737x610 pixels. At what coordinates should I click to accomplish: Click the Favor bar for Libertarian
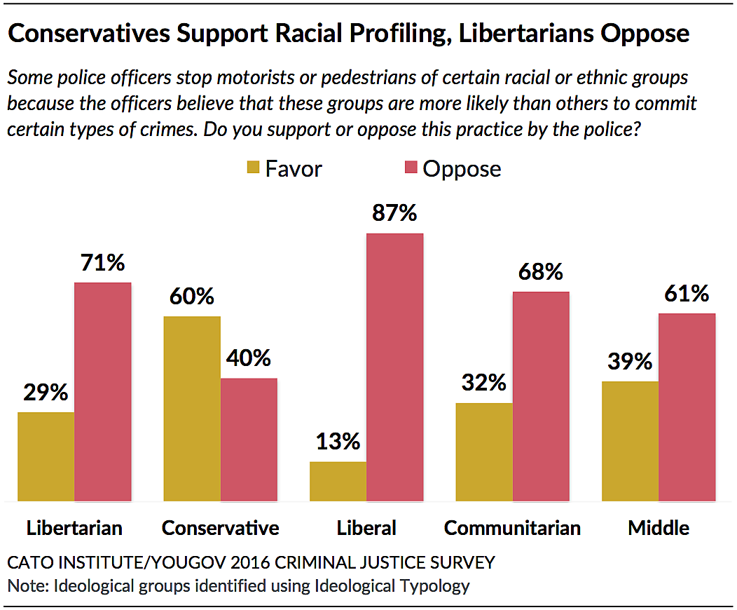click(x=46, y=456)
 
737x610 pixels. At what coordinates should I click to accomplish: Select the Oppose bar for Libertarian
click(x=103, y=392)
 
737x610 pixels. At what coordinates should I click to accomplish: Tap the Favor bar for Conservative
click(x=192, y=409)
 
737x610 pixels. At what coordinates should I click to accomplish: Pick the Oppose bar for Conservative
click(x=249, y=440)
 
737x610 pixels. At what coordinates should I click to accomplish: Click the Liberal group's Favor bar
click(x=338, y=481)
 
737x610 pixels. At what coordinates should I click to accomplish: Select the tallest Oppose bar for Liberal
click(x=395, y=367)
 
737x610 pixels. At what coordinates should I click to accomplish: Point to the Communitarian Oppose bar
click(x=541, y=396)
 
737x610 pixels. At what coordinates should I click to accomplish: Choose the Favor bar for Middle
click(x=630, y=441)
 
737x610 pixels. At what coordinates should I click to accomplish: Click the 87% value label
click(x=394, y=212)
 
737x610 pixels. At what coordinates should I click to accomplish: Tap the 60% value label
click(x=191, y=297)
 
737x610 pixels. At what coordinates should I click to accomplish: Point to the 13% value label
click(x=337, y=442)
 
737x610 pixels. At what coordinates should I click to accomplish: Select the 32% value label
click(x=483, y=383)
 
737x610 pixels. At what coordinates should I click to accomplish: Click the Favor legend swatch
click(x=252, y=168)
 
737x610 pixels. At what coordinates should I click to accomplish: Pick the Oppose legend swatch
click(x=411, y=168)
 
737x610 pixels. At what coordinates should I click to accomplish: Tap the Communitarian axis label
click(x=512, y=528)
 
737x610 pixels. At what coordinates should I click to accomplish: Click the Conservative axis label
click(x=220, y=528)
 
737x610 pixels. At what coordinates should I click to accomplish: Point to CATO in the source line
click(x=29, y=562)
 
